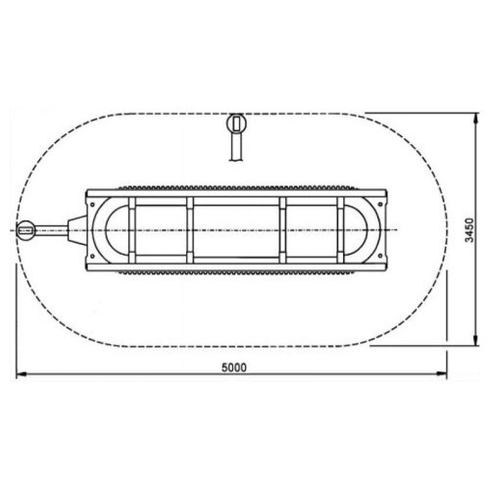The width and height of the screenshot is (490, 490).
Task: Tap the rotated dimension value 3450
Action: [x=471, y=230]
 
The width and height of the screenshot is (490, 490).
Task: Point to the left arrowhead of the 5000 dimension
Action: [x=20, y=374]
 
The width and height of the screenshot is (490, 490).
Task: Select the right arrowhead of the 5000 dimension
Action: [x=445, y=374]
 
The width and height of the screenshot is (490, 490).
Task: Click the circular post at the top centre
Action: [x=235, y=124]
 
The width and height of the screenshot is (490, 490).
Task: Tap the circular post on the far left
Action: [x=28, y=231]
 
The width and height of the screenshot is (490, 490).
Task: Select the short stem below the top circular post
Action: [x=235, y=147]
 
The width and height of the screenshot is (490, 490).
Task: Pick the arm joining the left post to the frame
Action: [x=65, y=231]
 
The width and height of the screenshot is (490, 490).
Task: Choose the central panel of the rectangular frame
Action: [x=237, y=230]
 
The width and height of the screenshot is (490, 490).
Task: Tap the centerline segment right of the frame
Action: [x=412, y=230]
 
